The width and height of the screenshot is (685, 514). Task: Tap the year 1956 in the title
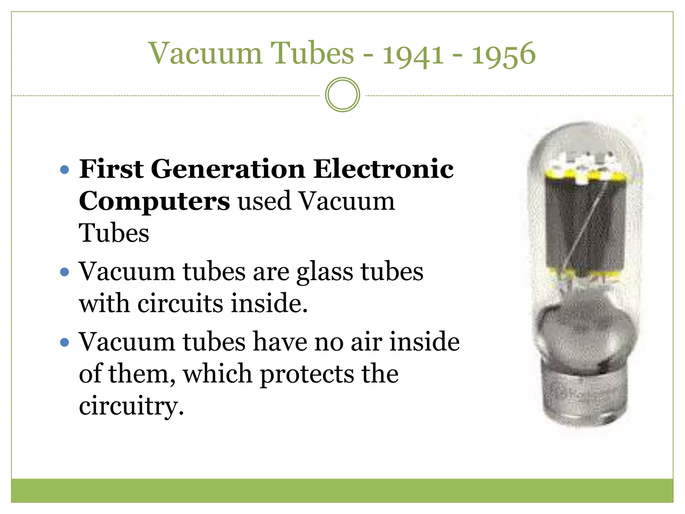click(503, 54)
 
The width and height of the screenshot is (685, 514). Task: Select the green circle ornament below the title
click(342, 95)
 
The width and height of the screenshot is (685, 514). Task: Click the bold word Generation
click(228, 169)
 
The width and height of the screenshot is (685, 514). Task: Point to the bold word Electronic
click(383, 169)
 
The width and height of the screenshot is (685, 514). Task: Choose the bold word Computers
click(154, 201)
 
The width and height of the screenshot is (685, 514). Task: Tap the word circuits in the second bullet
click(180, 303)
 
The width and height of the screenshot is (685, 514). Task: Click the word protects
click(307, 374)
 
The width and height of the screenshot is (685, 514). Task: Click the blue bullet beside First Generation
click(65, 170)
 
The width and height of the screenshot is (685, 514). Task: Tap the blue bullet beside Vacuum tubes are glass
click(65, 272)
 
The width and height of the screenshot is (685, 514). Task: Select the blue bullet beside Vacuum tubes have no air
click(65, 342)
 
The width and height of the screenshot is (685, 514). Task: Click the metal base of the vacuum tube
click(584, 397)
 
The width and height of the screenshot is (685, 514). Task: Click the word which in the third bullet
click(217, 374)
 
